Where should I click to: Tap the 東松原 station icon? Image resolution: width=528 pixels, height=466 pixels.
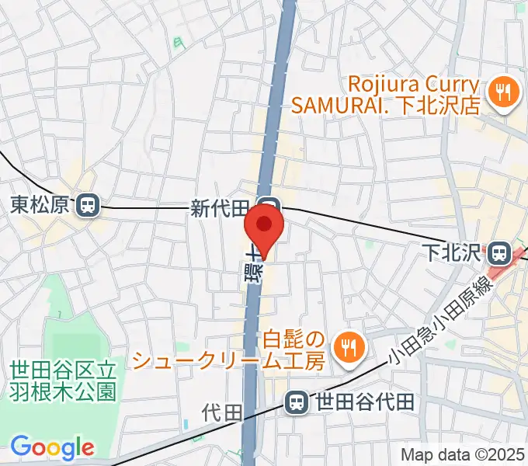(88, 205)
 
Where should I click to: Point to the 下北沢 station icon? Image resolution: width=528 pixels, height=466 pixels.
(498, 252)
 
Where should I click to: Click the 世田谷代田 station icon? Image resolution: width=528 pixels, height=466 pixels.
(295, 402)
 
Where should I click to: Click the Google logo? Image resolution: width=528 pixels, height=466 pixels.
(52, 447)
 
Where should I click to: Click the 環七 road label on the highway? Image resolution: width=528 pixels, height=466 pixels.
(254, 268)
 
